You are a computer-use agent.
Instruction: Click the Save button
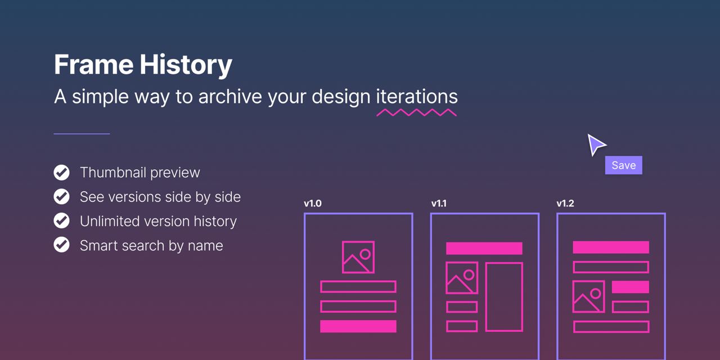click(x=624, y=165)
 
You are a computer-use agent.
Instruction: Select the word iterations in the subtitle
click(x=417, y=96)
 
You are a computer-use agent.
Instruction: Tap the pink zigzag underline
click(x=417, y=112)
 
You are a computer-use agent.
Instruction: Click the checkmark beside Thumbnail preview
click(x=61, y=173)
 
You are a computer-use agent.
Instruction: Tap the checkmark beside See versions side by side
click(x=61, y=197)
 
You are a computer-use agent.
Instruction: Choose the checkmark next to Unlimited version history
click(x=61, y=221)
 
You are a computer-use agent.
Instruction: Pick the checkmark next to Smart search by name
click(x=61, y=245)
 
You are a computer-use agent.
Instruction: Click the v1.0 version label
click(x=313, y=204)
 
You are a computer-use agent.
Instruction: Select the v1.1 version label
click(x=439, y=204)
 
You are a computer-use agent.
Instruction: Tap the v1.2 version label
click(x=565, y=204)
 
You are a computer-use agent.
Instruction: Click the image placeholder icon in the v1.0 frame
click(x=343, y=257)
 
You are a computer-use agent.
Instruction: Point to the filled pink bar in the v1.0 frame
click(x=358, y=326)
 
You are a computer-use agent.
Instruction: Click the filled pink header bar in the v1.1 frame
click(x=484, y=249)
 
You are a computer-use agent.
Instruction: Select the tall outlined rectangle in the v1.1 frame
click(x=485, y=297)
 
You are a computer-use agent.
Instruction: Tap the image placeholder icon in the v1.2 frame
click(x=573, y=296)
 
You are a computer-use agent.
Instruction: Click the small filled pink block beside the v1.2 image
click(x=631, y=287)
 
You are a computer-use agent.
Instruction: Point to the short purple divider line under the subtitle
click(x=82, y=134)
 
